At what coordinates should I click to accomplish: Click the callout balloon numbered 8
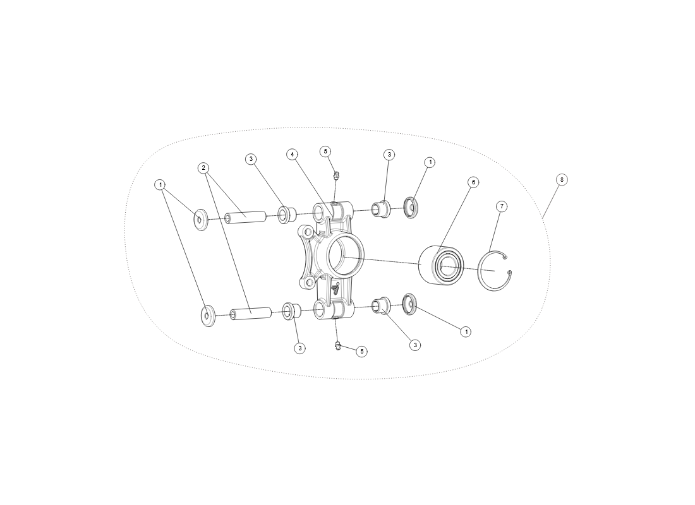562,180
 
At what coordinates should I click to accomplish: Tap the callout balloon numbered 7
502,206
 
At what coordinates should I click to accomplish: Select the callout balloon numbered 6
473,182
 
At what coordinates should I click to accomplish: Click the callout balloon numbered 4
292,154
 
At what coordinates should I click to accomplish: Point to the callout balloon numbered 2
203,168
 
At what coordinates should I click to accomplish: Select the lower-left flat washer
207,316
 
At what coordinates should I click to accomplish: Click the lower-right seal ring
409,304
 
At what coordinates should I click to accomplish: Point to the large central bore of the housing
345,254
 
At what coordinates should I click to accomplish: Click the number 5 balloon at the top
325,151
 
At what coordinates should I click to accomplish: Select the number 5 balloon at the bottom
361,351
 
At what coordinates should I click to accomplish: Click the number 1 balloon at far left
160,185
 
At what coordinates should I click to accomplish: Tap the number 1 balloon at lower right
466,331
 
